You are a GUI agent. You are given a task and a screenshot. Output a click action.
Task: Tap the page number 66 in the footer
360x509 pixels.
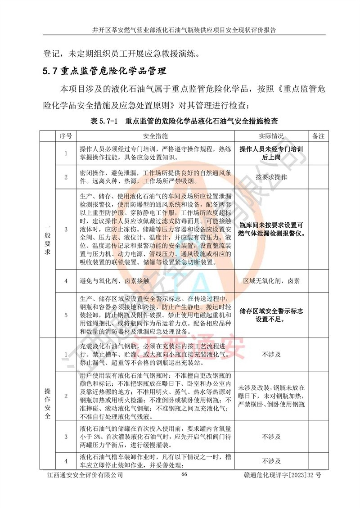(184, 475)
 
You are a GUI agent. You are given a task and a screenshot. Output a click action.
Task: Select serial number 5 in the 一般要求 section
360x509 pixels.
(66, 315)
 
